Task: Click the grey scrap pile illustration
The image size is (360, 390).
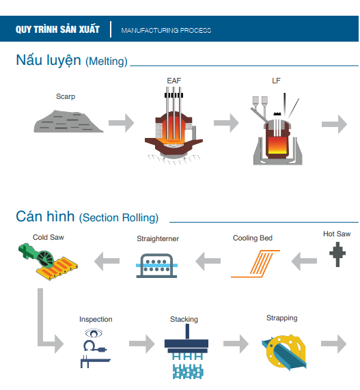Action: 68,122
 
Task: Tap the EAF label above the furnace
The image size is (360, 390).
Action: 174,81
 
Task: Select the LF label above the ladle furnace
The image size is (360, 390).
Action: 276,81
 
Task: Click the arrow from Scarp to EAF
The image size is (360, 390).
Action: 121,123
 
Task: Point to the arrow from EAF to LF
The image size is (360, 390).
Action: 226,123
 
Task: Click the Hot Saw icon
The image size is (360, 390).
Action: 337,254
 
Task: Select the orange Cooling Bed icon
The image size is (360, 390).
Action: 255,264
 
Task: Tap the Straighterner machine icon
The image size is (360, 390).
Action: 156,266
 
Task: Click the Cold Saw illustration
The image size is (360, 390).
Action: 48,262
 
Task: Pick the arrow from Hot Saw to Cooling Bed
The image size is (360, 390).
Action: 304,261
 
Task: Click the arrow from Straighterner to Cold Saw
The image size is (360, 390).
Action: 107,261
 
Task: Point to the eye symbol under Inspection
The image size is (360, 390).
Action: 94,333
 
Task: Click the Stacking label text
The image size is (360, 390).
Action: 184,319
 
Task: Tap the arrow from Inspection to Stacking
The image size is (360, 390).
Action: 142,344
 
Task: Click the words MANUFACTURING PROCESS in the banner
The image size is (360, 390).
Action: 166,30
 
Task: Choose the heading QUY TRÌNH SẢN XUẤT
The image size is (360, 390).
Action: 57,29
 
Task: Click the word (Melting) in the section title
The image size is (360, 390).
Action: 107,61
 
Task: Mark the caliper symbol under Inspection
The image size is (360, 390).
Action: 95,361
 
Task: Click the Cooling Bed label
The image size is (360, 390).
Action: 253,238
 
